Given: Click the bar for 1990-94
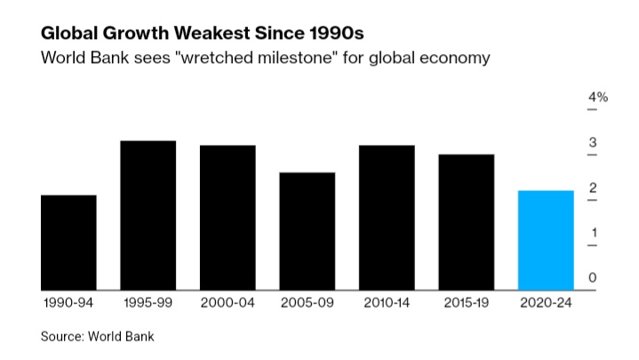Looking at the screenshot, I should pyautogui.click(x=68, y=242).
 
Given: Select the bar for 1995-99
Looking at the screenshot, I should pyautogui.click(x=148, y=215).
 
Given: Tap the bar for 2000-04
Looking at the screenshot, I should pyautogui.click(x=228, y=217).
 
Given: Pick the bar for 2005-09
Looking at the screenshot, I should pyautogui.click(x=308, y=231).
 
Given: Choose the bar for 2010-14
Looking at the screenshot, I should pyautogui.click(x=387, y=217).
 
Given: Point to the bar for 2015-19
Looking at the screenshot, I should pyautogui.click(x=467, y=221).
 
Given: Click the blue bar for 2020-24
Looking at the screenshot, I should pyautogui.click(x=546, y=240).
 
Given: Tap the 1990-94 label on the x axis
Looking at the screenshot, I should pyautogui.click(x=68, y=303).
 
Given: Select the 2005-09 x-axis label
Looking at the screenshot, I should pyautogui.click(x=308, y=303).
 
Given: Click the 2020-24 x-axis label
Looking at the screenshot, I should pyautogui.click(x=546, y=303).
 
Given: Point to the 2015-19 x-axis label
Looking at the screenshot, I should pyautogui.click(x=467, y=303).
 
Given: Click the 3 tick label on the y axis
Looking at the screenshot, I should pyautogui.click(x=593, y=143).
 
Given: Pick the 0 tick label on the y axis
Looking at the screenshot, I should pyautogui.click(x=593, y=278).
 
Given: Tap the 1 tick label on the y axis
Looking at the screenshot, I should pyautogui.click(x=593, y=233).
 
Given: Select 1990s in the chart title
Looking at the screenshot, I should pyautogui.click(x=339, y=34).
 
